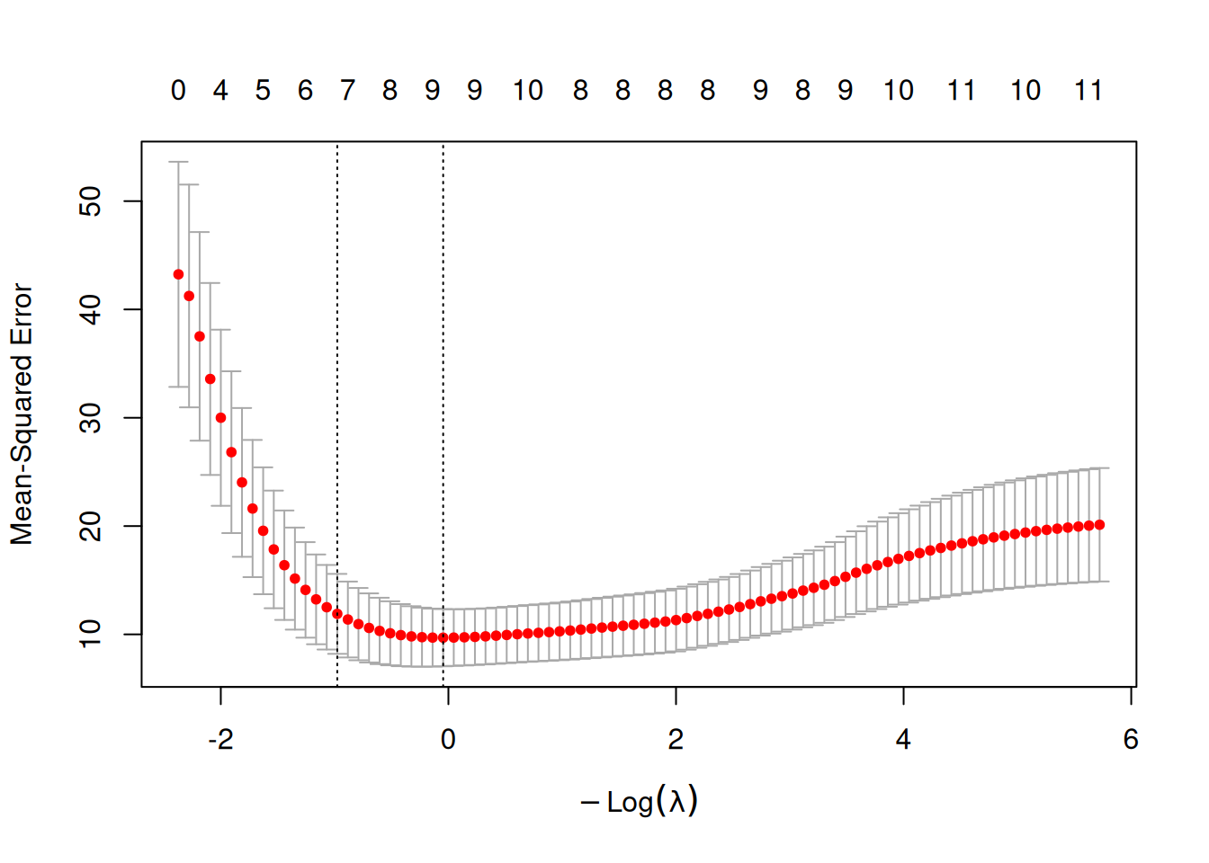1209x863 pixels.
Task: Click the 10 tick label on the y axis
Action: click(x=90, y=634)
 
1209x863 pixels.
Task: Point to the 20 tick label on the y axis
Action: click(x=90, y=526)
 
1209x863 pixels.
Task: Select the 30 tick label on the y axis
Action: click(x=90, y=418)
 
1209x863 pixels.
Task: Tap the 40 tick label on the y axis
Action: click(x=90, y=309)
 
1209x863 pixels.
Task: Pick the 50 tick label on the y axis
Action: click(x=90, y=201)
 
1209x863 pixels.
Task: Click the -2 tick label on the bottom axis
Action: click(x=220, y=740)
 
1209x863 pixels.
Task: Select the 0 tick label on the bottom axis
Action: click(x=448, y=740)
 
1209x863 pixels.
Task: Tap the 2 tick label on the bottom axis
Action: click(x=676, y=740)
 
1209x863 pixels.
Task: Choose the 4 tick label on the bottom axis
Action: click(x=903, y=740)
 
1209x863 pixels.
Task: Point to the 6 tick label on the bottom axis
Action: click(x=1131, y=740)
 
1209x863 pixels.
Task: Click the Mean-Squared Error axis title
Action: click(x=22, y=414)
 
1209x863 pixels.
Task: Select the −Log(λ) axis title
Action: click(x=640, y=801)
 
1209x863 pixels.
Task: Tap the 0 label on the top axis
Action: click(x=178, y=91)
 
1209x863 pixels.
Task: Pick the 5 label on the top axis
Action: click(x=263, y=91)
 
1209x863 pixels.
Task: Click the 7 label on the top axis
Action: click(x=347, y=91)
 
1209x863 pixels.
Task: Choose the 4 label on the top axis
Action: click(x=220, y=91)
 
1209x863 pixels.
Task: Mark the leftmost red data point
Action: click(x=178, y=275)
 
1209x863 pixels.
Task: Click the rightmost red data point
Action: click(x=1099, y=525)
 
